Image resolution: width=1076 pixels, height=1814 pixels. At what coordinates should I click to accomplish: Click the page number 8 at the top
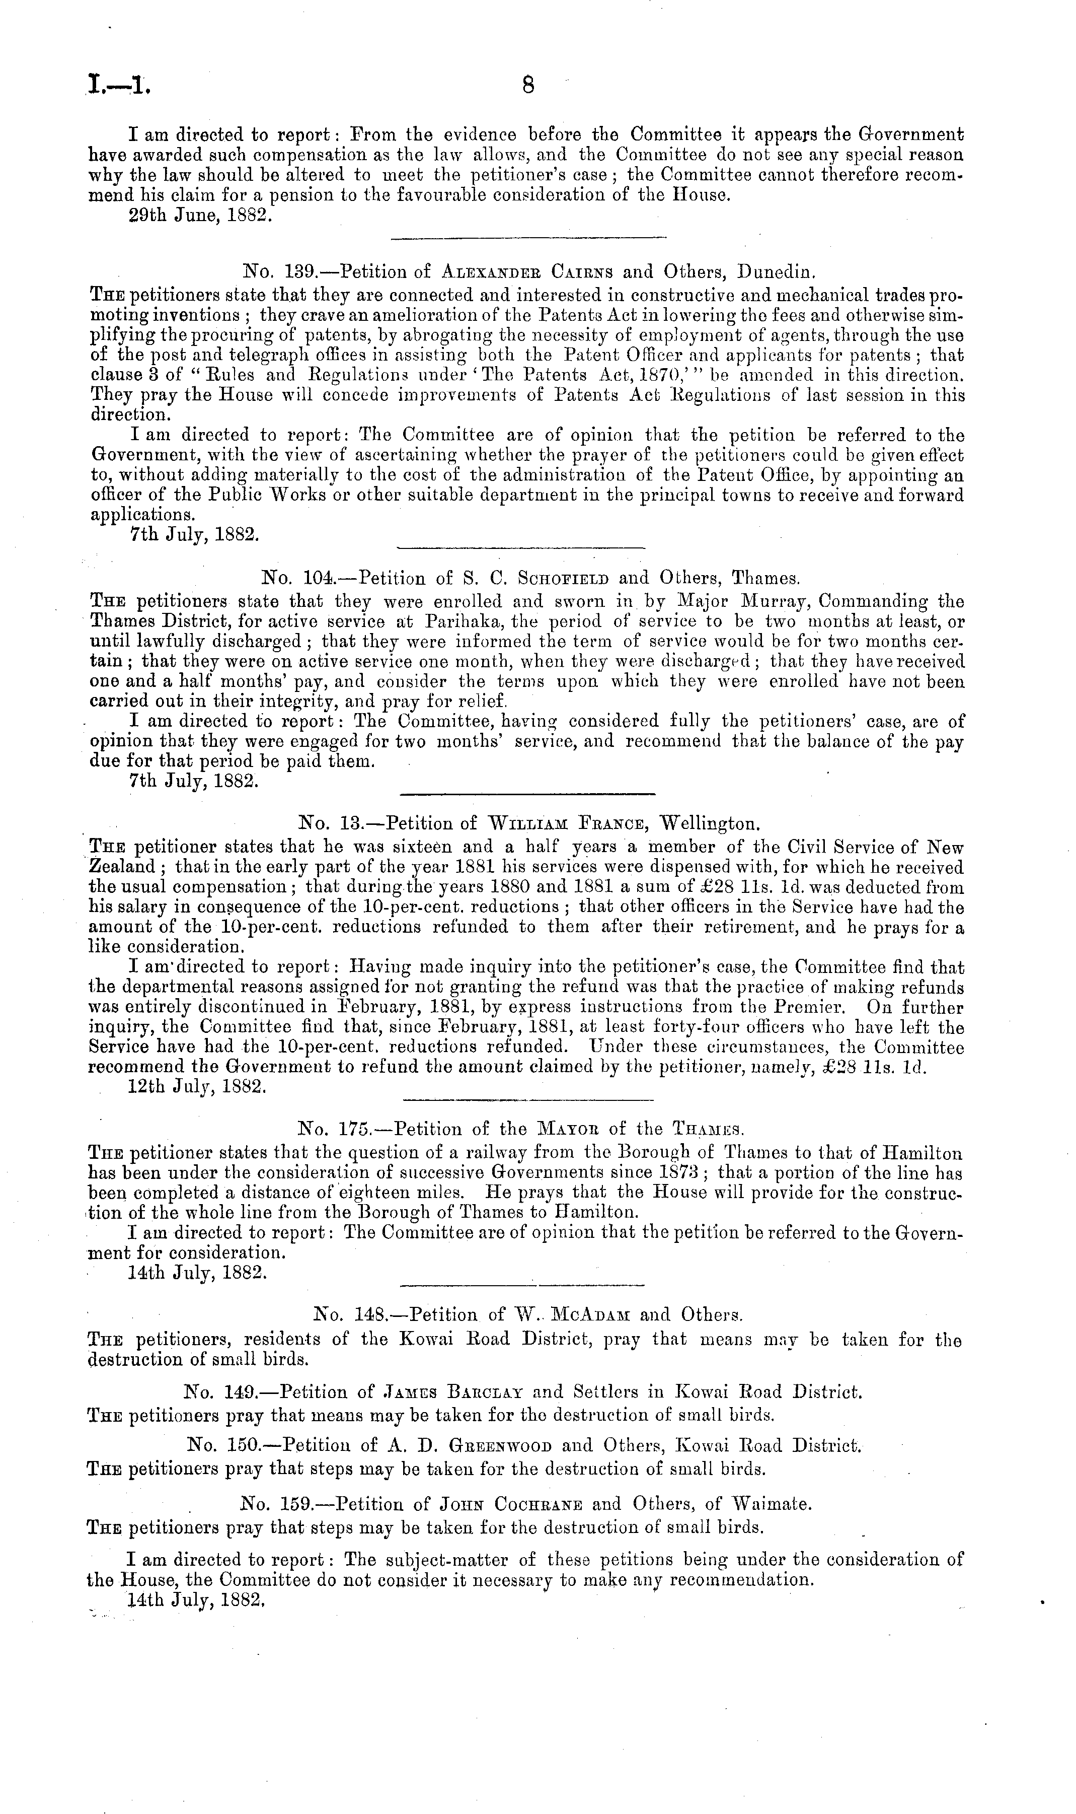click(x=528, y=86)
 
